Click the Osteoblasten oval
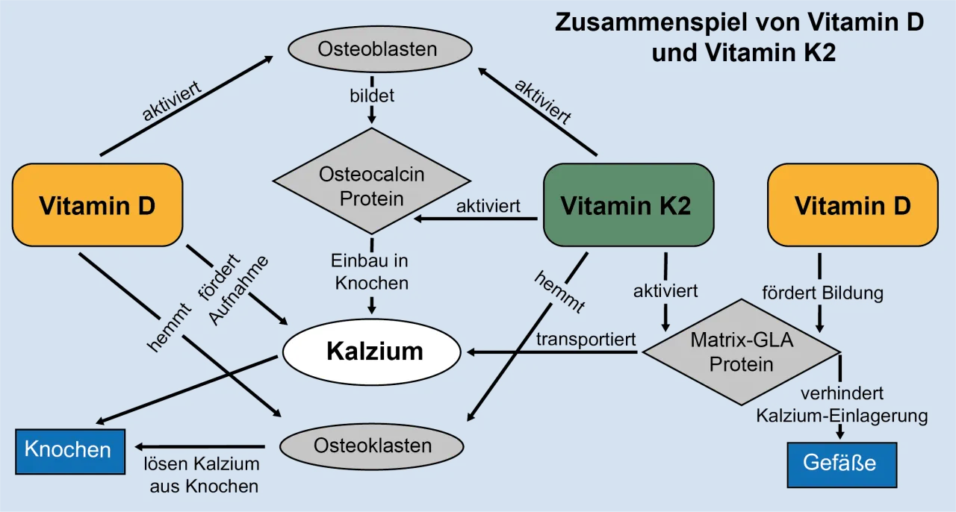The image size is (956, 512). tap(379, 50)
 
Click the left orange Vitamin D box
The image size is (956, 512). tap(97, 205)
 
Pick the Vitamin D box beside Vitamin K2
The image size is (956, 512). tap(852, 205)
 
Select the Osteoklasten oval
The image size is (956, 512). tap(372, 446)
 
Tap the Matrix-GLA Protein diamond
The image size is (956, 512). tap(741, 352)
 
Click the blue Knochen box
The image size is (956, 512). tap(69, 450)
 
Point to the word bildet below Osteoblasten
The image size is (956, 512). tap(372, 96)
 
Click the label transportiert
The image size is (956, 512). tap(586, 339)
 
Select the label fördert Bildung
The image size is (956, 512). tap(822, 293)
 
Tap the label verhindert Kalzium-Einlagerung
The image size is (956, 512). tap(842, 405)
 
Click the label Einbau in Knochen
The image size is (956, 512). tap(371, 272)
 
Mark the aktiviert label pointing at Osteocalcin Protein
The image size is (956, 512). tap(488, 207)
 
